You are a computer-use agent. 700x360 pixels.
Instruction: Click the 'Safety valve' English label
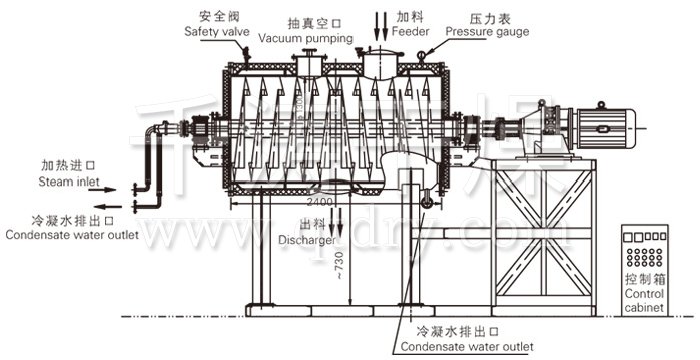coord(216,32)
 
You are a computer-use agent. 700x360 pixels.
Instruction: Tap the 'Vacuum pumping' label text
coord(306,37)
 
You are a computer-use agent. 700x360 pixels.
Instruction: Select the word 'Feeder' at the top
coord(412,32)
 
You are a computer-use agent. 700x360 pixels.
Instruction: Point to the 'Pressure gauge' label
coord(487,32)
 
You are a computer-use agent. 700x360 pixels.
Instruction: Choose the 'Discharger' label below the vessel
coord(299,241)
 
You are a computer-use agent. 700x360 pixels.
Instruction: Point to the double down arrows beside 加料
coord(384,21)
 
